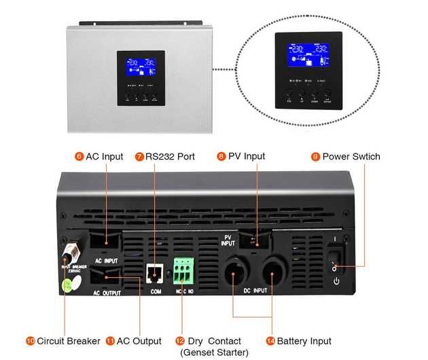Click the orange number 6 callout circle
click(x=79, y=156)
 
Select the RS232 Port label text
click(x=170, y=156)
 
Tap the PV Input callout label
click(x=247, y=156)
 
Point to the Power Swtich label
click(x=351, y=156)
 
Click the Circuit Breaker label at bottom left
click(x=69, y=341)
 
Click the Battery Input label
click(x=304, y=341)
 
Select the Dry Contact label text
click(x=215, y=341)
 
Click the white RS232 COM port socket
click(x=154, y=273)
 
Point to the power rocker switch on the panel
click(x=335, y=260)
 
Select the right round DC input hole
click(x=273, y=274)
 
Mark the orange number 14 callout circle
click(x=270, y=341)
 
